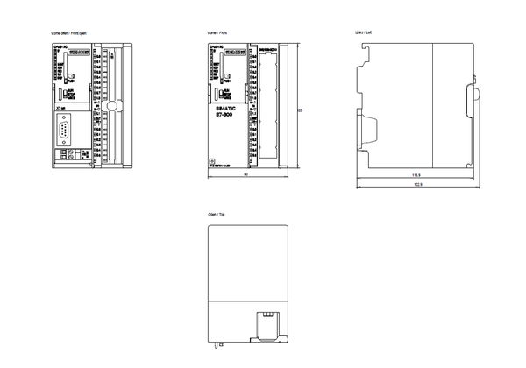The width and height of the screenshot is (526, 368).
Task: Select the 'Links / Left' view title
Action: pos(361,32)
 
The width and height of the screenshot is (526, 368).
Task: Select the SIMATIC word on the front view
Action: pos(229,109)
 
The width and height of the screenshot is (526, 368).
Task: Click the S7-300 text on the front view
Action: pos(229,117)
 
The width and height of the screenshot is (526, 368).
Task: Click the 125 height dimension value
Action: pos(301,110)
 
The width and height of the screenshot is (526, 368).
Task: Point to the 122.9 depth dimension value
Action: pos(418,186)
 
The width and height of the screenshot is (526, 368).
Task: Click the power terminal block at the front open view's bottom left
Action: pos(65,154)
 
